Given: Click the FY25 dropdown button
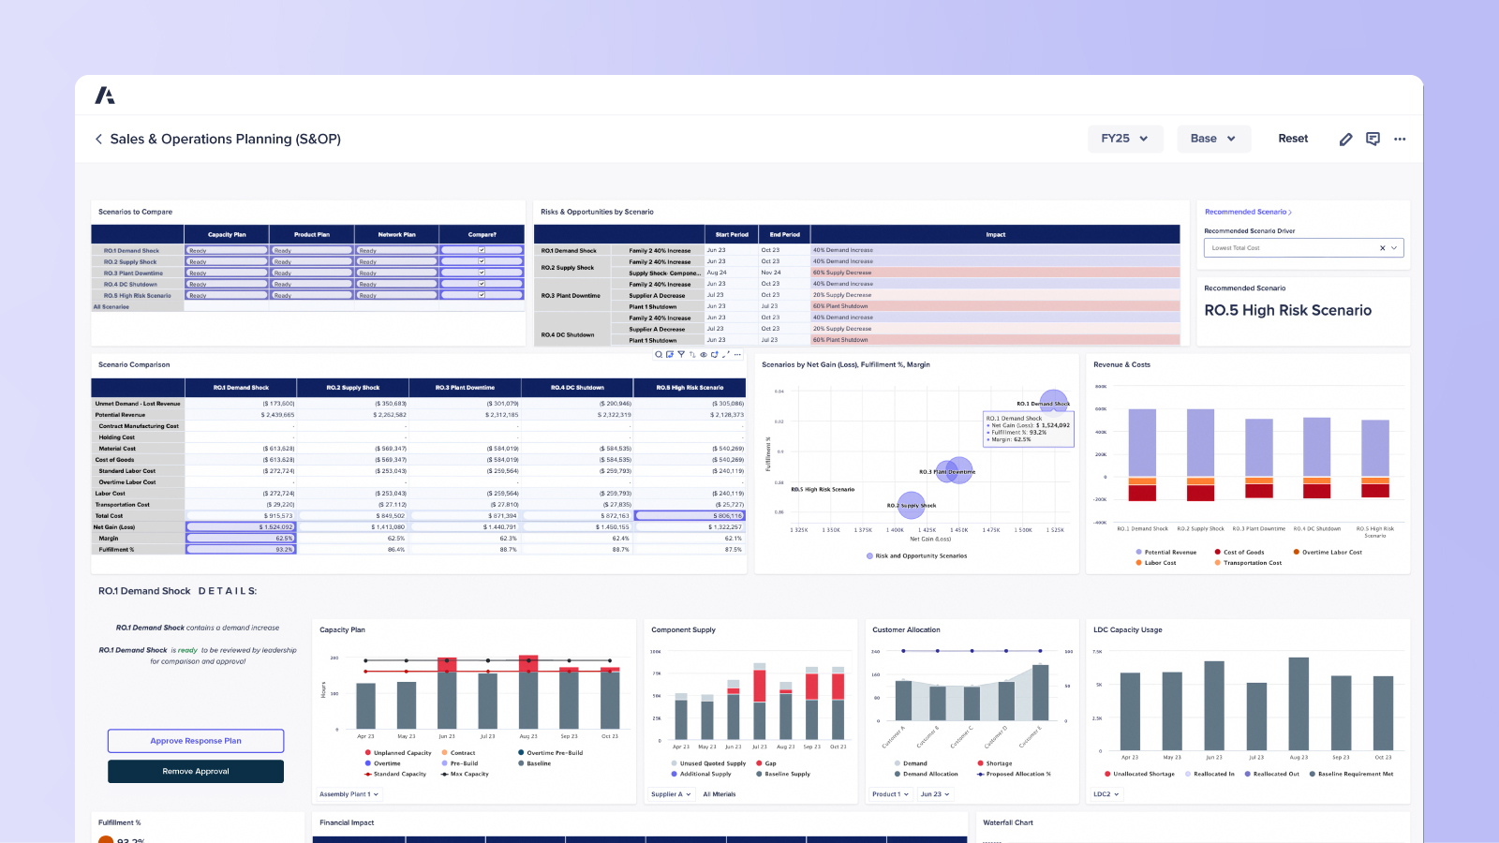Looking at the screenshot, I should [1124, 139].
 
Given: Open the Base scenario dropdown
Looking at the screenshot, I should [1212, 139].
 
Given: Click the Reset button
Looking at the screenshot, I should [1293, 139].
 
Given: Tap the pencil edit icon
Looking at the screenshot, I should [1345, 139].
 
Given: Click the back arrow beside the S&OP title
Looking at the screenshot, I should [98, 139].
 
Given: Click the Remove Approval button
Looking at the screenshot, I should [196, 771].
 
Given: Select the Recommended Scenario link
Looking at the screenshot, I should [1247, 212].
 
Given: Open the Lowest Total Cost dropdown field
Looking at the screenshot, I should [1302, 248].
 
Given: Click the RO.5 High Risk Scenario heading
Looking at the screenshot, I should [1287, 310].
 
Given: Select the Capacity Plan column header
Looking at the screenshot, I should [227, 234].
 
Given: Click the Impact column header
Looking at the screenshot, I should [995, 234].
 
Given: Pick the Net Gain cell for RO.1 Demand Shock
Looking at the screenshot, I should [242, 527].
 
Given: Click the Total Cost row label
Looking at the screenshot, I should [109, 516].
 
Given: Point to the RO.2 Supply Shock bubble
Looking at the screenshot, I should [911, 505].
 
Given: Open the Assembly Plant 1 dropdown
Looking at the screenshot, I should [349, 794].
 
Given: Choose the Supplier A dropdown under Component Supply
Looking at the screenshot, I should [671, 794].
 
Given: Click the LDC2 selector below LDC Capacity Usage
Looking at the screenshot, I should [1106, 794].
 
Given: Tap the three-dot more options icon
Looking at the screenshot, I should [1400, 139].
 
